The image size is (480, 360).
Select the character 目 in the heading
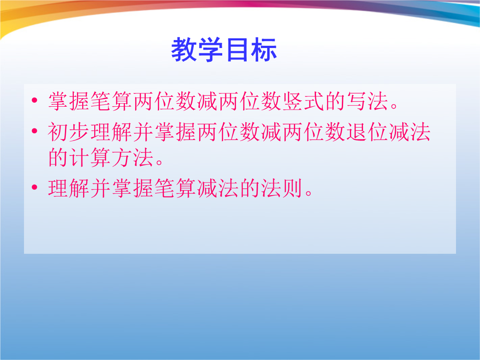click(x=237, y=50)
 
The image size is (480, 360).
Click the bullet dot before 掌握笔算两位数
click(x=34, y=100)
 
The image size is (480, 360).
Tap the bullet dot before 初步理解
click(x=34, y=131)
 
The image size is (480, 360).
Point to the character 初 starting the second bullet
click(x=58, y=132)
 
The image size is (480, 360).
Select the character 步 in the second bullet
click(x=80, y=132)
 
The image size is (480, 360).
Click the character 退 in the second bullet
click(x=357, y=132)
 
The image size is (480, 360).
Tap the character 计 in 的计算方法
click(x=80, y=157)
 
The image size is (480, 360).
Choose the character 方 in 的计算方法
click(x=122, y=157)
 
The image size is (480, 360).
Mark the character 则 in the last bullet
click(x=293, y=188)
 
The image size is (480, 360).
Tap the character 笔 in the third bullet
click(x=165, y=188)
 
